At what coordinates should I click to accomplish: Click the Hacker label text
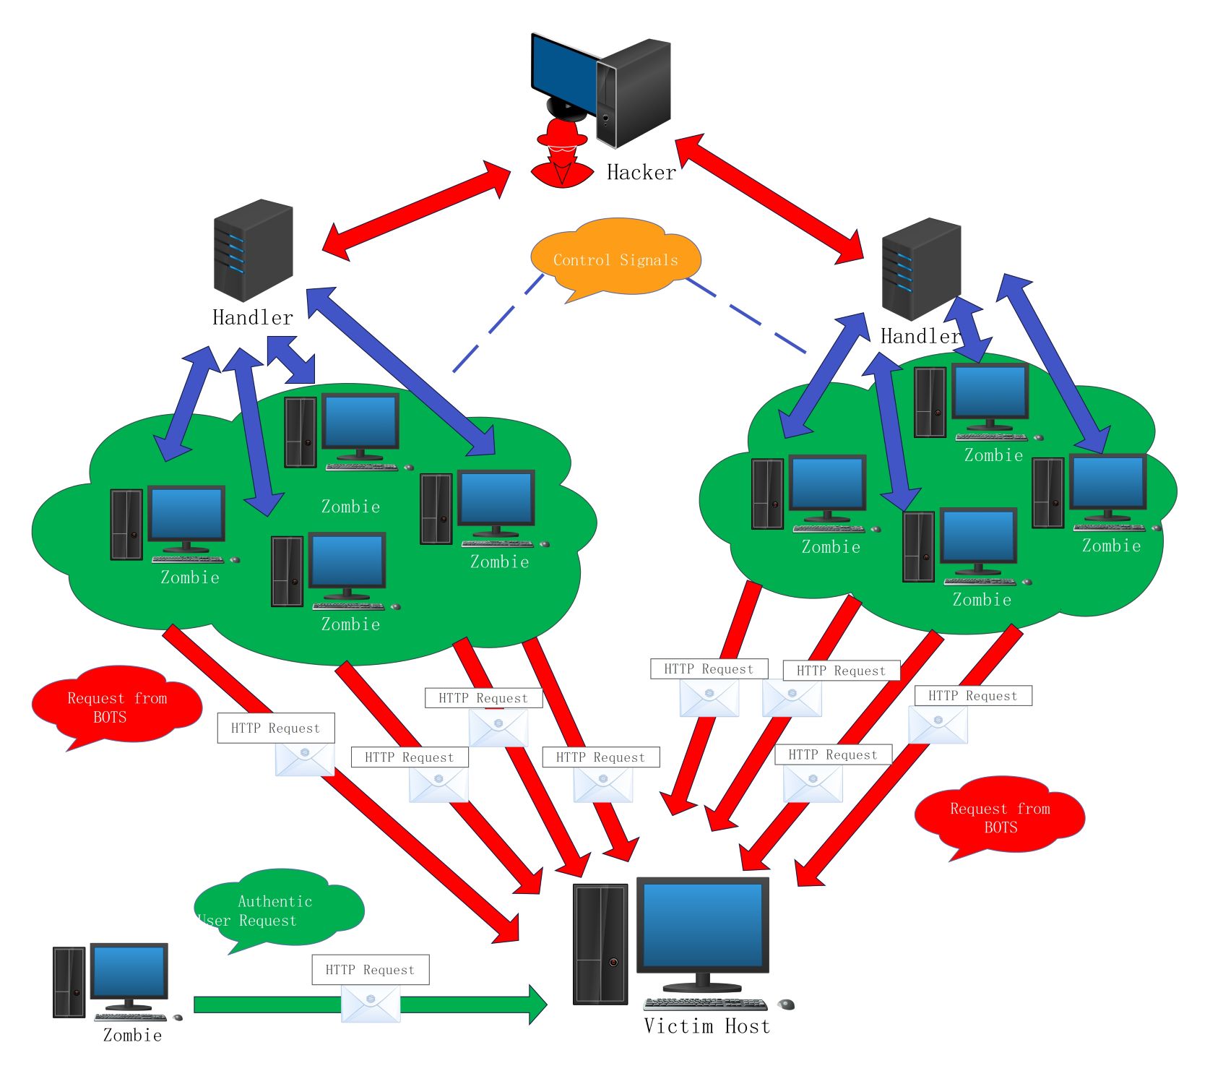coord(641,172)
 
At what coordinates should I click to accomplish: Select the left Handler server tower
coord(253,250)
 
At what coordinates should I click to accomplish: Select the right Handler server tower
coord(921,269)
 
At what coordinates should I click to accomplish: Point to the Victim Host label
coord(706,1026)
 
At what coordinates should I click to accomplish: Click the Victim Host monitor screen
coord(702,925)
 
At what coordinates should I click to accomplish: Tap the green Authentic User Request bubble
coord(278,909)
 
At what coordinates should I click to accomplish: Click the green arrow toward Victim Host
coord(470,1005)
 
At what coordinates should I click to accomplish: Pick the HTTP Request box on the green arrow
coord(370,970)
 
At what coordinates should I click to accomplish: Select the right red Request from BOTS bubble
coord(1000,817)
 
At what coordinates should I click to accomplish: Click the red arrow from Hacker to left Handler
coord(416,210)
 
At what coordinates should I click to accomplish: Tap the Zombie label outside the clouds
coord(132,1035)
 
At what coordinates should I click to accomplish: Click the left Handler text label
coord(253,317)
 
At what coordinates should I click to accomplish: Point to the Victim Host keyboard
coord(705,1005)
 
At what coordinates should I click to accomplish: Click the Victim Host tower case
coord(600,944)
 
